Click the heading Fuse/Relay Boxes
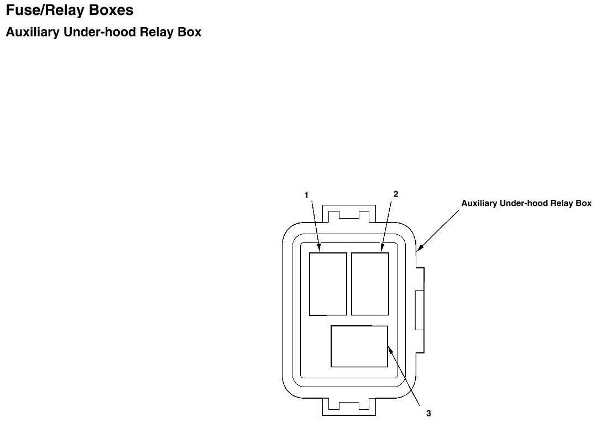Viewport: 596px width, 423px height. [x=69, y=10]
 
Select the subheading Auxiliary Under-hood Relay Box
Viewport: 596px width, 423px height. [x=103, y=33]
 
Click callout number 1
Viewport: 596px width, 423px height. [x=306, y=194]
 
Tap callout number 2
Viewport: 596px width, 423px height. [x=395, y=194]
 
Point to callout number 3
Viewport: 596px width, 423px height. [x=428, y=413]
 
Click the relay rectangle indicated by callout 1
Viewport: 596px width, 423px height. [x=328, y=284]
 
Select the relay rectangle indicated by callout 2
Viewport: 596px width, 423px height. [x=370, y=284]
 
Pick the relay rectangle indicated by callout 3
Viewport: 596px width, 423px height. [x=359, y=346]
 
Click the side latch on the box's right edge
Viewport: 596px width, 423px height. [x=419, y=310]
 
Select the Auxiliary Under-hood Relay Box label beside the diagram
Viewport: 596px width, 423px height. [x=526, y=203]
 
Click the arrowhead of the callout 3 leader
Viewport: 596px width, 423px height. [x=389, y=348]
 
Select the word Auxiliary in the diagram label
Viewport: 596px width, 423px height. [x=479, y=203]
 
